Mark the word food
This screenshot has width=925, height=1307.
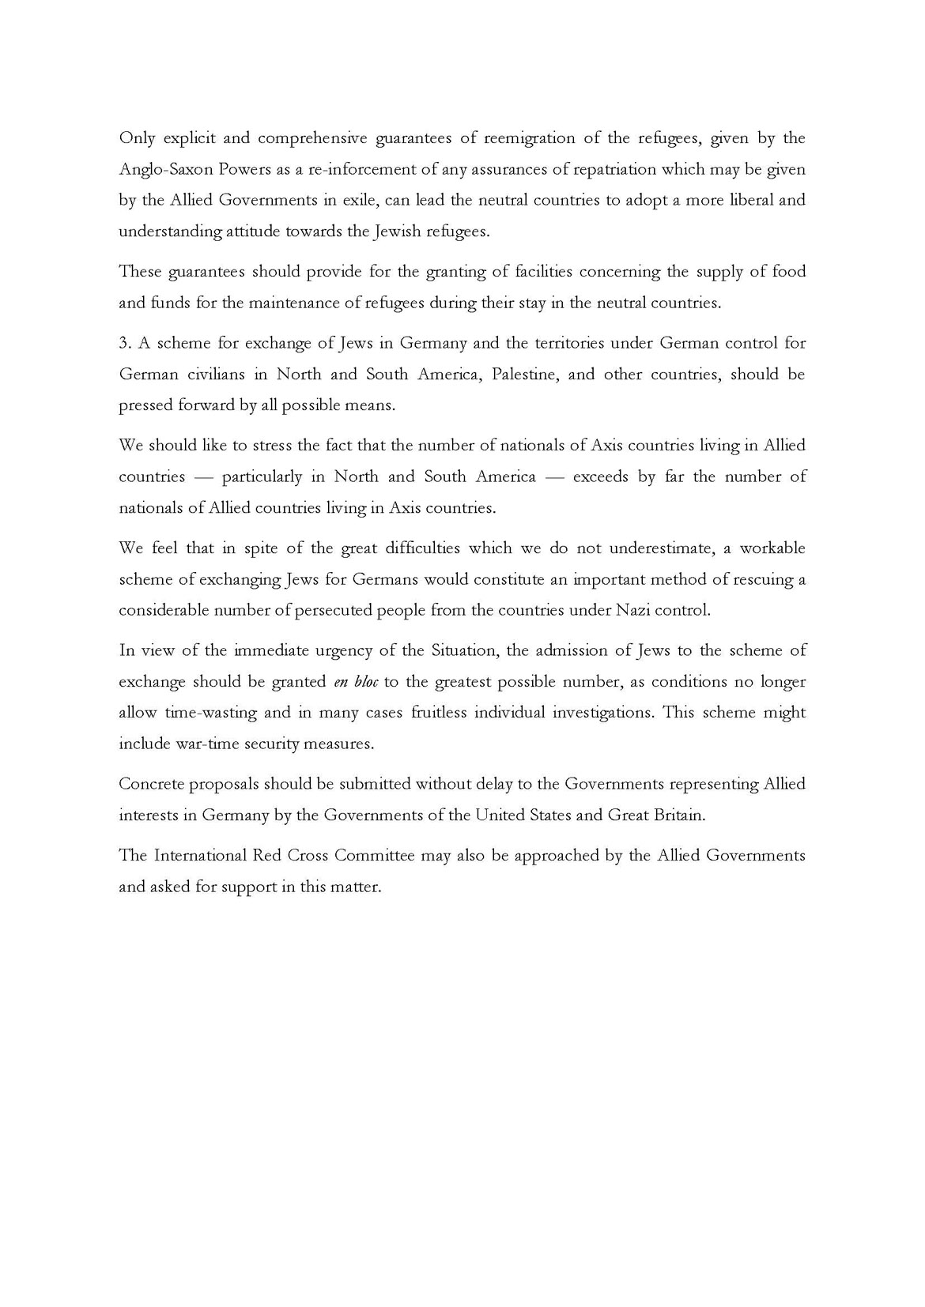click(x=787, y=272)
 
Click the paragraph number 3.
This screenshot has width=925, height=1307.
click(x=123, y=344)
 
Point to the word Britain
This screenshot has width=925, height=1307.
click(x=676, y=815)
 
